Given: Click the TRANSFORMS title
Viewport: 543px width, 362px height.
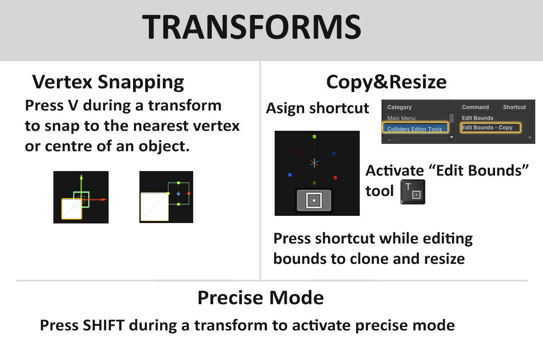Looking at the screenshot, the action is [x=252, y=27].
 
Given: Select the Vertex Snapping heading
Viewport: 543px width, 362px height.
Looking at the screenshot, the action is [x=108, y=82].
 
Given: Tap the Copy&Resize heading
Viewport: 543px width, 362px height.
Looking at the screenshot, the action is [x=386, y=82].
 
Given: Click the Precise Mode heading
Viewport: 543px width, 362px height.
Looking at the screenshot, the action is [x=261, y=297].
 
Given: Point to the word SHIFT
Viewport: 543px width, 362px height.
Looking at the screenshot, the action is [x=104, y=325].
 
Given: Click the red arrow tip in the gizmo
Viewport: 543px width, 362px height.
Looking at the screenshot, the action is [x=104, y=200].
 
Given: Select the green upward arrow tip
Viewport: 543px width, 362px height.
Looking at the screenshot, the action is [x=81, y=177].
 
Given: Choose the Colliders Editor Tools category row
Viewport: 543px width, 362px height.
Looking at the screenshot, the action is [x=415, y=129].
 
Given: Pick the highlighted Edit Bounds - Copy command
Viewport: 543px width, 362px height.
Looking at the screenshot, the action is [x=491, y=128].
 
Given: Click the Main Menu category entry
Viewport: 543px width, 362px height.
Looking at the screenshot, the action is [x=401, y=118].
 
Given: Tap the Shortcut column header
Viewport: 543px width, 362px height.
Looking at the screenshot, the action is [x=514, y=107].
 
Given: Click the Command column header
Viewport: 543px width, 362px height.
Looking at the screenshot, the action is [x=475, y=107].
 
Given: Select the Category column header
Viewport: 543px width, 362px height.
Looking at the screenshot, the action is [x=399, y=107].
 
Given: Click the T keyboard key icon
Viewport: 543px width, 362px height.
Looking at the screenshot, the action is [x=413, y=192].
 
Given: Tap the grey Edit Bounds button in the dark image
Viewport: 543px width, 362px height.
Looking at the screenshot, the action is [x=314, y=200].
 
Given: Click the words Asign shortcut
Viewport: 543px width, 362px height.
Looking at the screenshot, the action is [x=317, y=108].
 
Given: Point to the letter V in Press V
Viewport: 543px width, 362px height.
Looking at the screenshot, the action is [x=73, y=105].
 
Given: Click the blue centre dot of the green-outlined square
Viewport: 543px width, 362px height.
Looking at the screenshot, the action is [x=179, y=194].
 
